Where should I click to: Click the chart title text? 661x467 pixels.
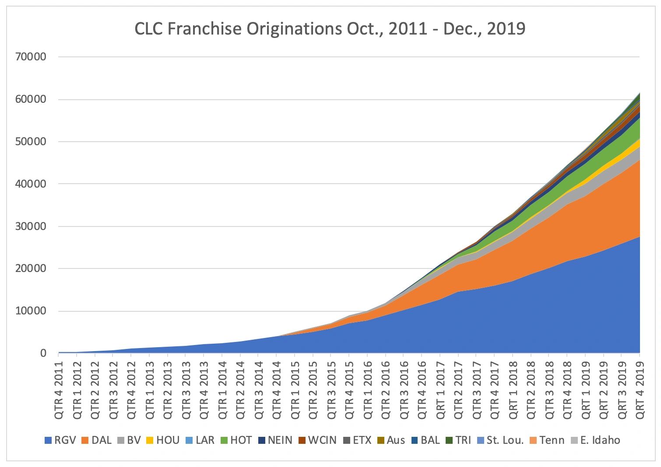coord(330,29)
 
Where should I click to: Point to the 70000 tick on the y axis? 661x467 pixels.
coord(31,57)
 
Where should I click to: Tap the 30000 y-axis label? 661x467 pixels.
coord(31,227)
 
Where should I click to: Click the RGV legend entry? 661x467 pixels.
coord(60,440)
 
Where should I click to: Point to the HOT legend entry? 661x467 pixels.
coord(236,440)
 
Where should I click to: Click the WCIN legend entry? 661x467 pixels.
coord(317,440)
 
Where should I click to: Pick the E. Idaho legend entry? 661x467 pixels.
coord(595,440)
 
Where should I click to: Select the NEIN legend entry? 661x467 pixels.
coord(275,440)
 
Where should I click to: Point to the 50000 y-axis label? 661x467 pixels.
coord(31,142)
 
